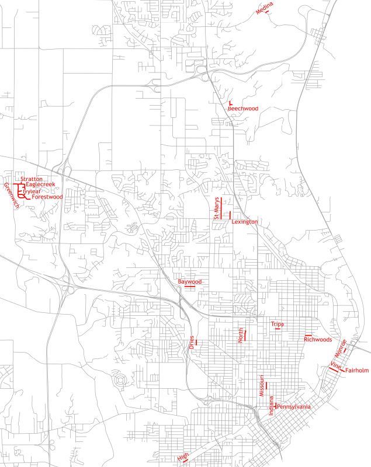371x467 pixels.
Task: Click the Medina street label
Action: click(264, 6)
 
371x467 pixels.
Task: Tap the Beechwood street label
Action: click(243, 109)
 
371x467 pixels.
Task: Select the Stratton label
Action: click(32, 179)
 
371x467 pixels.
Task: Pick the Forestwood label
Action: click(47, 197)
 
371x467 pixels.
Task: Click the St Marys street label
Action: click(216, 208)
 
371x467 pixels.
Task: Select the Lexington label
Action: click(245, 222)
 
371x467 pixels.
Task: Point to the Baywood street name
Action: click(190, 282)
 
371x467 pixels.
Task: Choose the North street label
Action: click(240, 335)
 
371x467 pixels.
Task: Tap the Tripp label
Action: click(276, 324)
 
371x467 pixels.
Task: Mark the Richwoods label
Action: click(318, 339)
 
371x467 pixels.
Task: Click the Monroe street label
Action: click(340, 348)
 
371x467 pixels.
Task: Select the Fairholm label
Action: click(357, 370)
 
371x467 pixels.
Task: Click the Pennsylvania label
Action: click(293, 406)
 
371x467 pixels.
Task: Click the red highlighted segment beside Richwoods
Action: click(308, 335)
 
